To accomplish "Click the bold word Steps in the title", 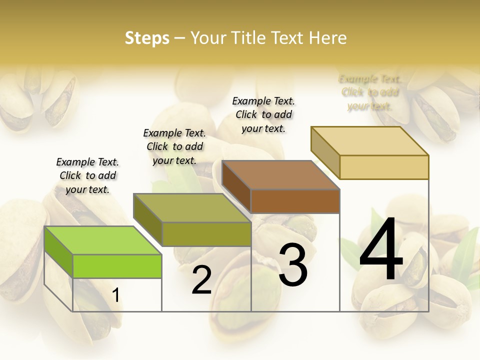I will (147, 38).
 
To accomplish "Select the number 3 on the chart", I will (292, 265).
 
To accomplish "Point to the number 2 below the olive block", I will (201, 280).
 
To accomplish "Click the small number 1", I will (115, 295).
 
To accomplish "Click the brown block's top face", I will (280, 175).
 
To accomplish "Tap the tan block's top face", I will (369, 141).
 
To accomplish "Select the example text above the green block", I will (88, 175).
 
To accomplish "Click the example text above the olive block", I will (174, 146).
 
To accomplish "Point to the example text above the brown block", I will (263, 114).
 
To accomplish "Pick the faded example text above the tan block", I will (370, 92).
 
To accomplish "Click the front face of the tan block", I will (384, 167).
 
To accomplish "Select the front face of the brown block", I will (295, 201).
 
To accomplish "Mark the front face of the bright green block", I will (117, 266).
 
